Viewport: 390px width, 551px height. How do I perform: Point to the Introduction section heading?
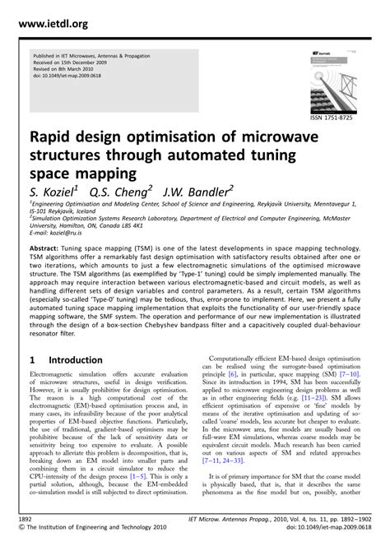(x=76, y=359)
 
